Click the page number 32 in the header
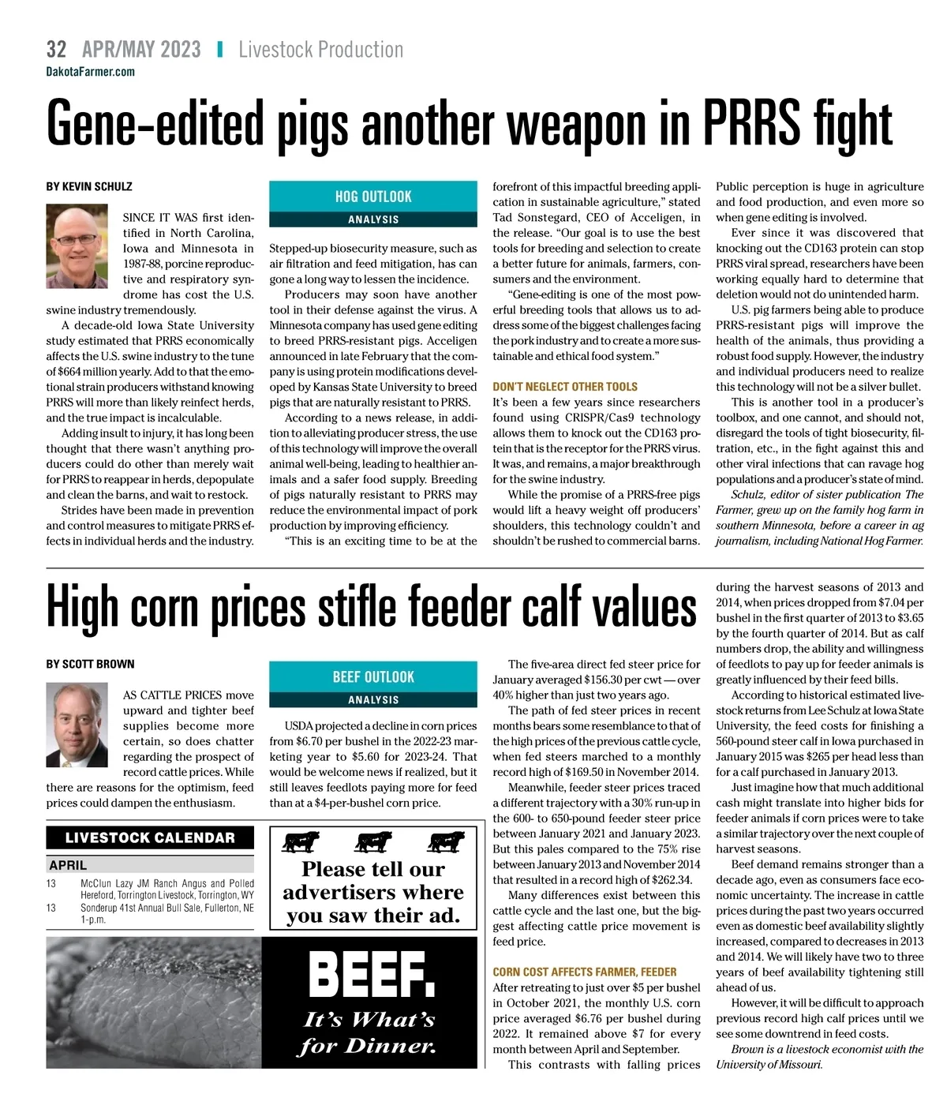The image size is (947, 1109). point(56,50)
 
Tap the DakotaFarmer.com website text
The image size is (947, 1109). point(90,72)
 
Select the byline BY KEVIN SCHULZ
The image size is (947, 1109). point(89,187)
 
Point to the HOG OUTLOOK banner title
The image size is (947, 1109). point(373,197)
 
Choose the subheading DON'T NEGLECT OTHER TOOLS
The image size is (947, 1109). point(564,387)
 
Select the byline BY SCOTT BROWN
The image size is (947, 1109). point(90,664)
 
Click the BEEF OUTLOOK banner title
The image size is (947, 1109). point(373,677)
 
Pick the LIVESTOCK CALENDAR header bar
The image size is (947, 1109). point(150,838)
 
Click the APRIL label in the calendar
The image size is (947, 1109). point(68,865)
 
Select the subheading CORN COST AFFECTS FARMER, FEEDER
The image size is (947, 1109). point(585,972)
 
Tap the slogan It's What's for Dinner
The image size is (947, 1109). point(369,1032)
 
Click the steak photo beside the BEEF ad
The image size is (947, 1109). point(154,1002)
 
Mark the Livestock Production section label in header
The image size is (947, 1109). point(320,50)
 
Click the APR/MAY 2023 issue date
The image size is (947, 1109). point(141,50)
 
